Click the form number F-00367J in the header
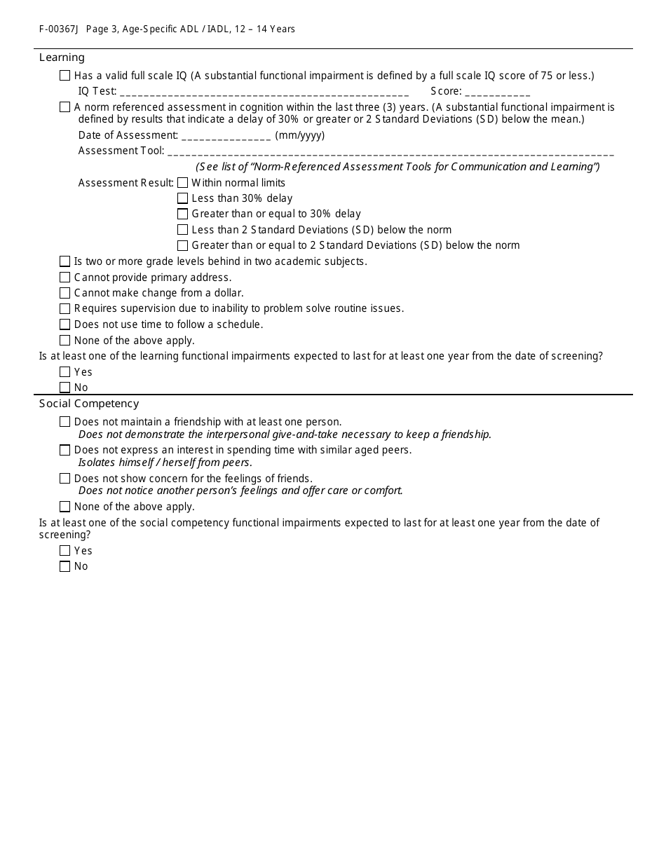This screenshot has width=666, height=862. [59, 29]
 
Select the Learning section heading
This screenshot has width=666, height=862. [62, 57]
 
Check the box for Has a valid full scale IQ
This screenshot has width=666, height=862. [65, 76]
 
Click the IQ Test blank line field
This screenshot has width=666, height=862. [264, 92]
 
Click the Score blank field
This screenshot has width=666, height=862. [497, 92]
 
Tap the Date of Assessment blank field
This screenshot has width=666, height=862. [226, 136]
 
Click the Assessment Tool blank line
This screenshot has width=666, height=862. [390, 151]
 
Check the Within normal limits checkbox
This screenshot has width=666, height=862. [183, 183]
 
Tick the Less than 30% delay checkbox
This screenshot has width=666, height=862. [183, 198]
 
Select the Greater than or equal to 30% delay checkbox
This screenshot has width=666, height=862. [183, 214]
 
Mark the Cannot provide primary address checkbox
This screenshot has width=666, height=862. [65, 278]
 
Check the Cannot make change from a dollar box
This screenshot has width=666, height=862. [65, 293]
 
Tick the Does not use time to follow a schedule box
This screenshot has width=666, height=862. [65, 324]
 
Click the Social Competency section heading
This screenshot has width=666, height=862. [89, 404]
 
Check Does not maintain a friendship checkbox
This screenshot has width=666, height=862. [65, 422]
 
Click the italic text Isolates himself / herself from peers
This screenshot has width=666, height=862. [165, 463]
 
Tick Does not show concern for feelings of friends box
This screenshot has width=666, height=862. [65, 479]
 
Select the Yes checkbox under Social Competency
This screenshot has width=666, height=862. [65, 551]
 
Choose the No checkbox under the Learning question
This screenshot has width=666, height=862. [65, 388]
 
